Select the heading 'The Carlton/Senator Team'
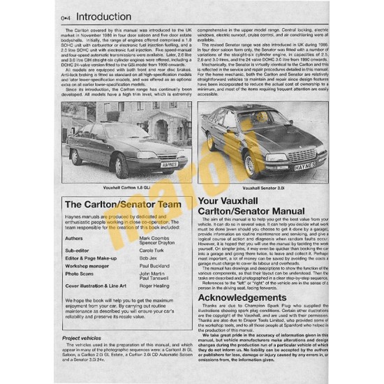pyautogui.click(x=113, y=205)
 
